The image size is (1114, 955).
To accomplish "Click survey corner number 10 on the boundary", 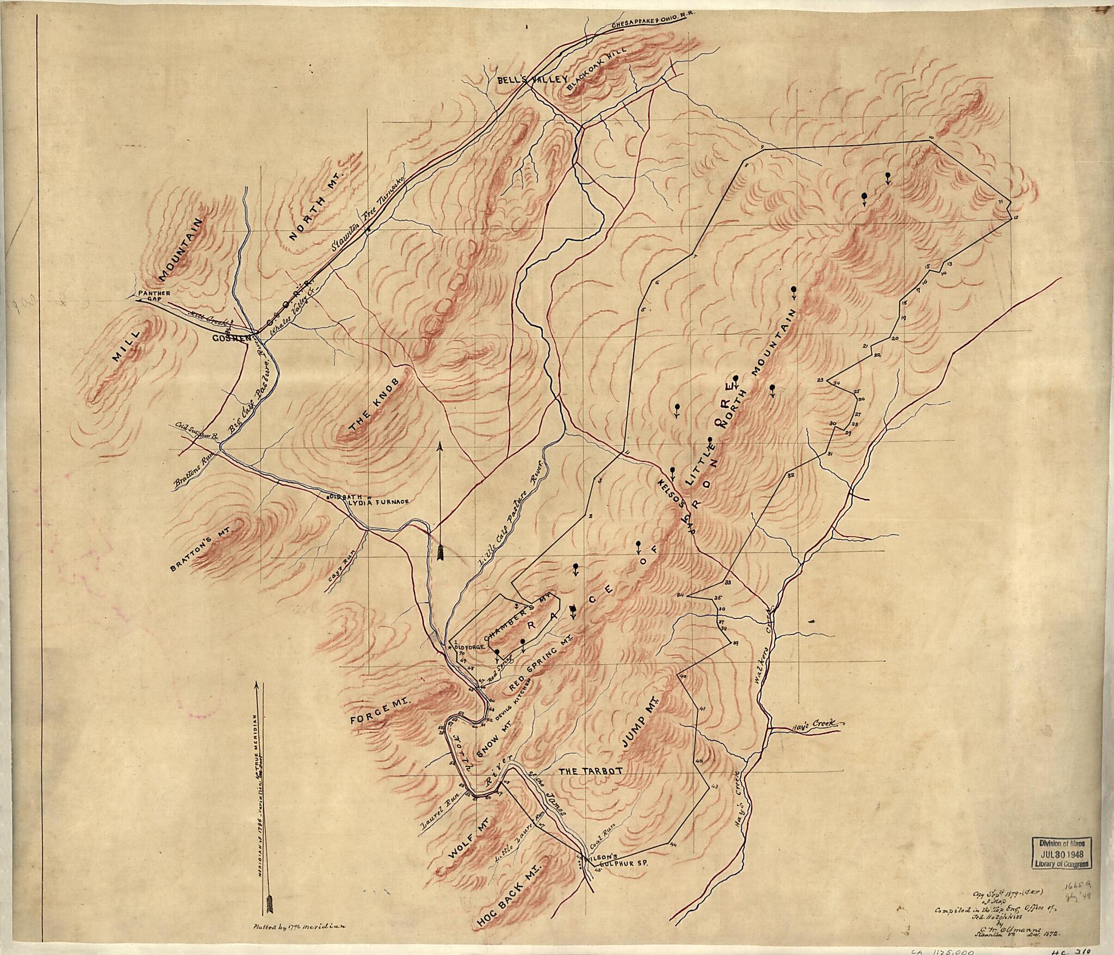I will pyautogui.click(x=931, y=138).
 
